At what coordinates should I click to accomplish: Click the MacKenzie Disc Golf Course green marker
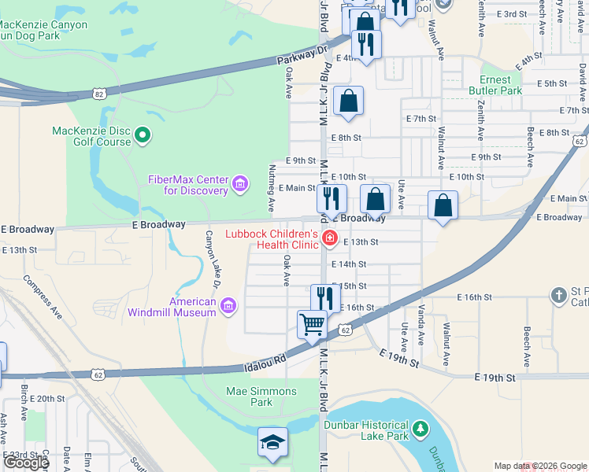[x=143, y=136]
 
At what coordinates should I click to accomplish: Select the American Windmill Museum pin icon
[x=228, y=306]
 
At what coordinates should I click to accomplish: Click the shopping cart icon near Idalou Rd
[x=313, y=323]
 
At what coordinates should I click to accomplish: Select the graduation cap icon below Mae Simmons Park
[x=272, y=442]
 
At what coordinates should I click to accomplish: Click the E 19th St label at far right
[x=495, y=378]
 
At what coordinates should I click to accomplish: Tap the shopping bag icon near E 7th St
[x=348, y=101]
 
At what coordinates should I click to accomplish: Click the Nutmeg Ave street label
[x=272, y=188]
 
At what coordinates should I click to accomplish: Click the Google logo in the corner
[x=26, y=463]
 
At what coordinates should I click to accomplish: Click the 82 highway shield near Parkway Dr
[x=98, y=94]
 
